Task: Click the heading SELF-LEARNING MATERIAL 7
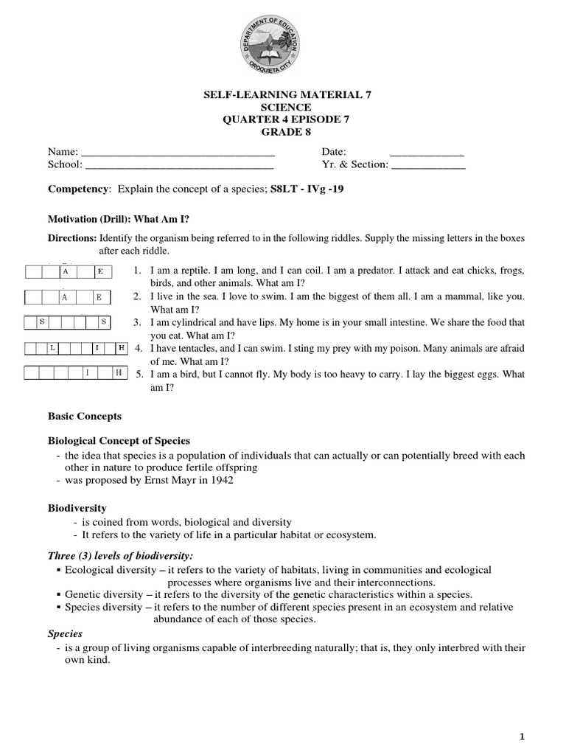click(x=282, y=95)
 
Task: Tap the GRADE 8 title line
click(x=282, y=131)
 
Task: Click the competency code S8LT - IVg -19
click(x=307, y=189)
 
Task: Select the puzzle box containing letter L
click(x=52, y=347)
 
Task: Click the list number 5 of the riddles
click(x=138, y=375)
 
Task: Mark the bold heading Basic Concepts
click(x=85, y=417)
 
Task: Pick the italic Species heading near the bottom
click(x=65, y=633)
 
